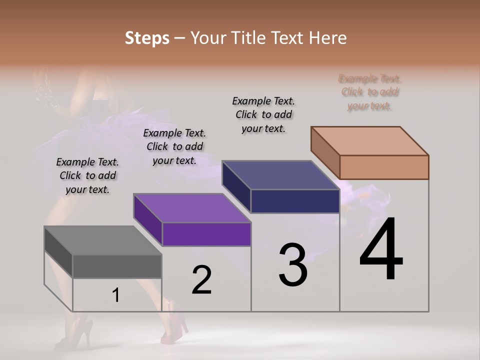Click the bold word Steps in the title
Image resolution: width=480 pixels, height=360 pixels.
[147, 38]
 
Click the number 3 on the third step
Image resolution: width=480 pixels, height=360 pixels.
[293, 265]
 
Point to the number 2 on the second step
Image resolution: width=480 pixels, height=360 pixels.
[201, 280]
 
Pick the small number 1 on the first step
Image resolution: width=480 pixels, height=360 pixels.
[115, 295]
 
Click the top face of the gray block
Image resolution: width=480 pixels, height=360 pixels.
[102, 240]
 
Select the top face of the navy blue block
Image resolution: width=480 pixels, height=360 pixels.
[280, 175]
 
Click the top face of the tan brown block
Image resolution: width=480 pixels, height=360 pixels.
[369, 141]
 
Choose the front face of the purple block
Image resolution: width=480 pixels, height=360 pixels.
[206, 234]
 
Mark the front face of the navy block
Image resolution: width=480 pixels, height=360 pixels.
[295, 201]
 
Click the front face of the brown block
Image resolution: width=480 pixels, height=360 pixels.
[384, 167]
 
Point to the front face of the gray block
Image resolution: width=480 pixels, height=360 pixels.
[117, 266]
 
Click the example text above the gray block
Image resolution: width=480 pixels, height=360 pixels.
[87, 175]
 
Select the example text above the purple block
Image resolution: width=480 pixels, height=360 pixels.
[174, 146]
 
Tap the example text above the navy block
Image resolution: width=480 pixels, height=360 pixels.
[263, 114]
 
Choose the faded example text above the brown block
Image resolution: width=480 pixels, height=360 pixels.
[369, 92]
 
